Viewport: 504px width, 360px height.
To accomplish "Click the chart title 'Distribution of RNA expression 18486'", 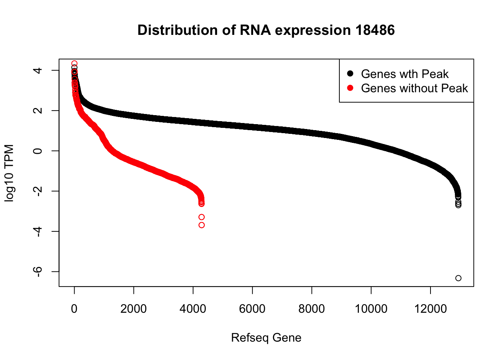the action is (x=266, y=30).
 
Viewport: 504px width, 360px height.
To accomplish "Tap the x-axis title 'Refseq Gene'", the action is (x=266, y=337).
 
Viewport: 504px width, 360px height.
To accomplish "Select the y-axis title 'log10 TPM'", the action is (x=9, y=173).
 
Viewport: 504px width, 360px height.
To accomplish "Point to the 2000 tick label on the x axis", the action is (x=133, y=309).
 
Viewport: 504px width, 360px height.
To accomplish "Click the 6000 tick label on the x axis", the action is (x=252, y=309).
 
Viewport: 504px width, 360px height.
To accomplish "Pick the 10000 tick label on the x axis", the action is (x=371, y=309).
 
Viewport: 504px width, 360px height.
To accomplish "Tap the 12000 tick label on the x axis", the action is (x=430, y=309).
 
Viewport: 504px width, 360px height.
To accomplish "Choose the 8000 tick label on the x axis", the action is (x=312, y=309).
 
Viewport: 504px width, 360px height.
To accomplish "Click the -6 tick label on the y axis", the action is (x=38, y=271).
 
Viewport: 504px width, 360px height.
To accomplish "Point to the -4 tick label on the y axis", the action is (x=38, y=231).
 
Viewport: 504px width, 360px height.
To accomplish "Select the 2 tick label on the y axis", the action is (x=38, y=111).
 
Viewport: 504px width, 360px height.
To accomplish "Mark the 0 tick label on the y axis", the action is (x=38, y=151).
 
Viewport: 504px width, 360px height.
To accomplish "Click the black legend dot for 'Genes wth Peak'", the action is (x=350, y=73).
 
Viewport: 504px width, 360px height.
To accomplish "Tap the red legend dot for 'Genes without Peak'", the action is (x=350, y=88).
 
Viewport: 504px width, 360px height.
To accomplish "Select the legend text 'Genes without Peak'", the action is (x=414, y=88).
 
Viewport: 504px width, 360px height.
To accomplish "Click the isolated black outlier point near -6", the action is (x=458, y=278).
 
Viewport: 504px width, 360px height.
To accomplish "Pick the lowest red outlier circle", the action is (x=202, y=225).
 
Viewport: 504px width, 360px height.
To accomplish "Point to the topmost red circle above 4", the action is (x=75, y=63).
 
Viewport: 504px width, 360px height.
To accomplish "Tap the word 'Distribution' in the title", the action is (x=177, y=30).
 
